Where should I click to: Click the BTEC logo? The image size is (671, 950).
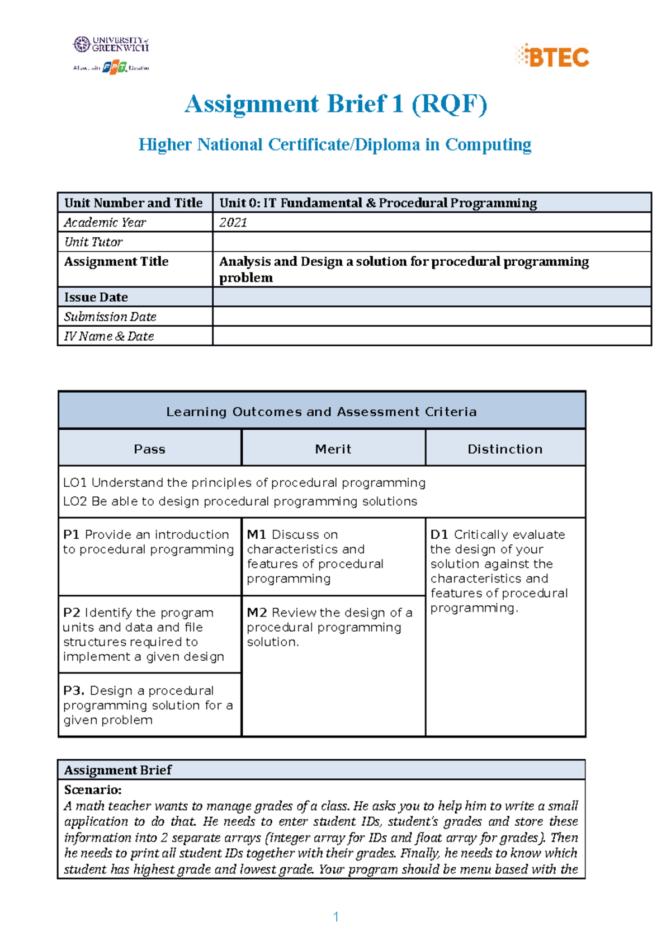pyautogui.click(x=552, y=57)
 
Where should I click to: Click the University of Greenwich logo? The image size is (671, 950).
pyautogui.click(x=111, y=45)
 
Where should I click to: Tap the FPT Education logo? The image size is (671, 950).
pyautogui.click(x=115, y=68)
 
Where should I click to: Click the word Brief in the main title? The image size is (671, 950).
pyautogui.click(x=356, y=104)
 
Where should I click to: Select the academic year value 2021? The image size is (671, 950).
pyautogui.click(x=233, y=223)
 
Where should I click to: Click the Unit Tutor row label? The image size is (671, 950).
pyautogui.click(x=93, y=242)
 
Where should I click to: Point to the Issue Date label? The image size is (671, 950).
pyautogui.click(x=96, y=297)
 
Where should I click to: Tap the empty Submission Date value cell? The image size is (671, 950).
pyautogui.click(x=431, y=317)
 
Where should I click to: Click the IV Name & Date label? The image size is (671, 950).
pyautogui.click(x=109, y=336)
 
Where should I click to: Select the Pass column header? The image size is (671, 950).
pyautogui.click(x=150, y=449)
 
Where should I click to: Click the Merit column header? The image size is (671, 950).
pyautogui.click(x=333, y=449)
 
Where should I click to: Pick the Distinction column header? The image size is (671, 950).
pyautogui.click(x=505, y=449)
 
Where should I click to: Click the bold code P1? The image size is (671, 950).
pyautogui.click(x=71, y=535)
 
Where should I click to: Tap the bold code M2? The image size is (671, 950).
pyautogui.click(x=257, y=613)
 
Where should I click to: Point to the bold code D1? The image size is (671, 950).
pyautogui.click(x=440, y=535)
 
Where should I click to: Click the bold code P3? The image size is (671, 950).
pyautogui.click(x=74, y=690)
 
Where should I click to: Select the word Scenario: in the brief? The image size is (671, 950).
pyautogui.click(x=93, y=790)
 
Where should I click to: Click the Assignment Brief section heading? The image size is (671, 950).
pyautogui.click(x=118, y=770)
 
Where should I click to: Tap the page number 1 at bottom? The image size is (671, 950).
pyautogui.click(x=335, y=916)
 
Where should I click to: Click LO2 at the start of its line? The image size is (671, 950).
pyautogui.click(x=75, y=501)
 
